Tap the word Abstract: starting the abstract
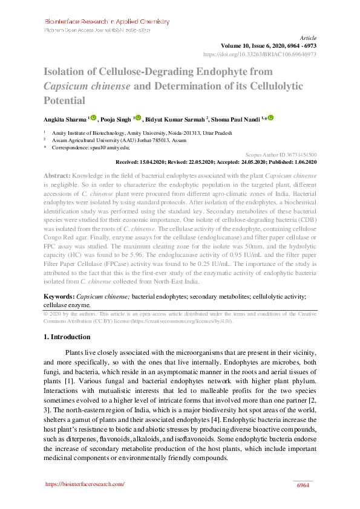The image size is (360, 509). pyautogui.click(x=57, y=175)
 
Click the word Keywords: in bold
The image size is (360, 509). pyautogui.click(x=59, y=297)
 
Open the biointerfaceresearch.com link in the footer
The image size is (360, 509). pyautogui.click(x=85, y=484)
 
